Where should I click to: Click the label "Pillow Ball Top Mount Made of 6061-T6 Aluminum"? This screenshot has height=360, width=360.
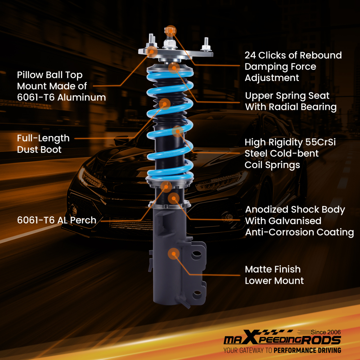[61, 86]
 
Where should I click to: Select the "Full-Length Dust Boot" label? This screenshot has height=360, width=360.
[43, 144]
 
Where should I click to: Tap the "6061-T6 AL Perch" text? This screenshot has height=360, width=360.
[57, 220]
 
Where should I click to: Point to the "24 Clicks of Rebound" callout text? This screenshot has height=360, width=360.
[293, 55]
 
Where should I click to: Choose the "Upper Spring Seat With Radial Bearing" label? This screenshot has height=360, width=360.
[291, 101]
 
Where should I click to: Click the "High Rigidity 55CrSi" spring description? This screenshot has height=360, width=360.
[290, 143]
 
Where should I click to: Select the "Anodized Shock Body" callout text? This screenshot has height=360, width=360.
[295, 210]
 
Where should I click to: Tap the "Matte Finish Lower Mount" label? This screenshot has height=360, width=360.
[274, 275]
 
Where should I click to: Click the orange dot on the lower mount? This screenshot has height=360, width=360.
[174, 254]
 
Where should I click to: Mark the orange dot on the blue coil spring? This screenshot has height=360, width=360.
[177, 132]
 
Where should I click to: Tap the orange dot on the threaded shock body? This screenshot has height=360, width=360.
[174, 198]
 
